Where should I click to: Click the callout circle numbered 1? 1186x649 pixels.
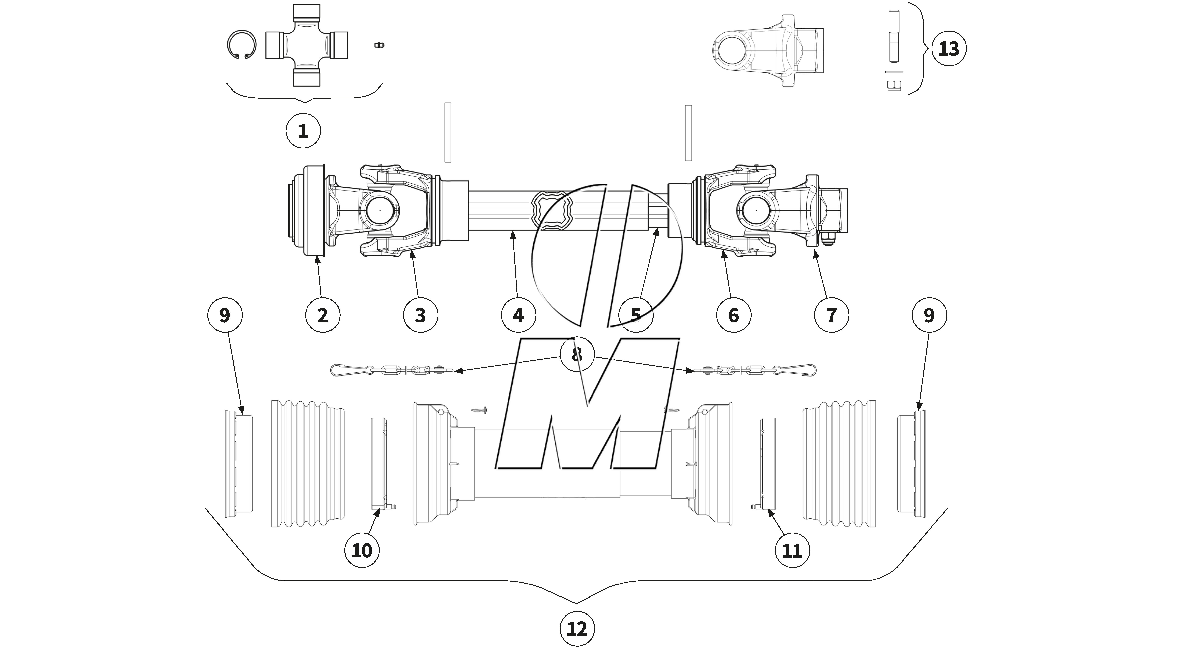303,131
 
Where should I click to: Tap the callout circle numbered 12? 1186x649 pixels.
577,629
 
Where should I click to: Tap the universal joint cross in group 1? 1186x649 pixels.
306,45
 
